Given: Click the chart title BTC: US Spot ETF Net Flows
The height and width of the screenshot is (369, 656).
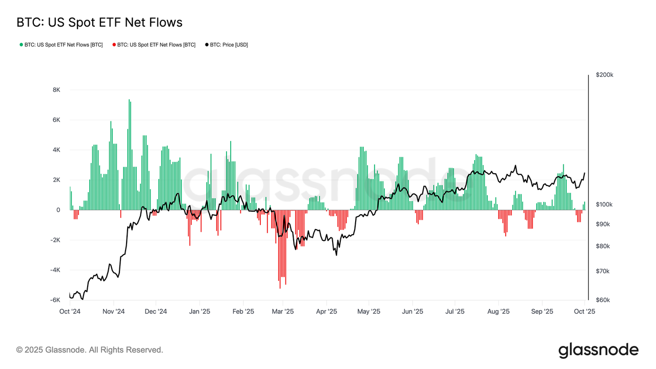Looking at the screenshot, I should pos(99,23).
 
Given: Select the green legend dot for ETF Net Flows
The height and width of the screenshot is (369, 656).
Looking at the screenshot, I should pos(20,45).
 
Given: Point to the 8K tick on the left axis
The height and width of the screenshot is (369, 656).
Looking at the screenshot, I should pos(56,90).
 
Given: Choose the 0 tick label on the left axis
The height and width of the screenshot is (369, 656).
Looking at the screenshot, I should pos(58,210).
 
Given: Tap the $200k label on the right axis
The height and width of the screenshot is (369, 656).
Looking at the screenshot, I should pos(605,75).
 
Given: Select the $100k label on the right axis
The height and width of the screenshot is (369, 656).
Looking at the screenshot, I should pos(605,204).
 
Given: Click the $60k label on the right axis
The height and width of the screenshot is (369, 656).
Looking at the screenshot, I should pos(603,300).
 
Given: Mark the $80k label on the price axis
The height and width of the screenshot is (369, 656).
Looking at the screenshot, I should pos(603,247).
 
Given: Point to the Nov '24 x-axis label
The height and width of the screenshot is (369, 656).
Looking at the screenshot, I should pos(113,311).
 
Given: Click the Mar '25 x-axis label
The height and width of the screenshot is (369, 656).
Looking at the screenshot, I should pos(282,311).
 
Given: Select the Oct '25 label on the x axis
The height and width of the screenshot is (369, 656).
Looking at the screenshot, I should pos(584,311).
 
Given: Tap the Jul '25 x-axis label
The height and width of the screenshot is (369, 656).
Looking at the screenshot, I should pos(455,311).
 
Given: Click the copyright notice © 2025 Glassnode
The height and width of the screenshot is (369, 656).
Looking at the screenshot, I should pos(90,350).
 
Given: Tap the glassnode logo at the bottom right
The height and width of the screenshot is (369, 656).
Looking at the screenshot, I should pos(598,350).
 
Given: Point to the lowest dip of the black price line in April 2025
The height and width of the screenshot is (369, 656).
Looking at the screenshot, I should pos(336,255).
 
